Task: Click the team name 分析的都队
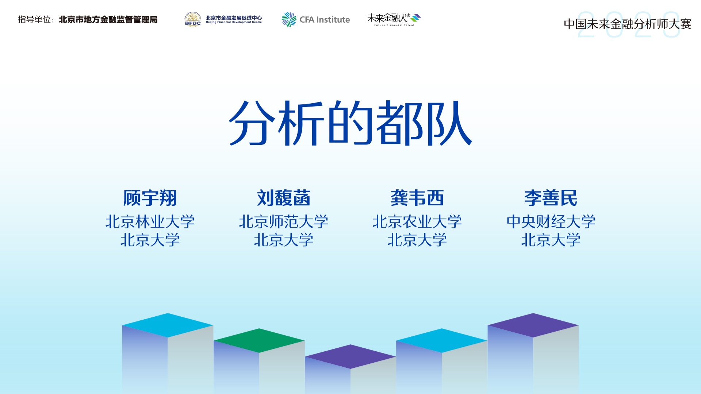tap(350, 123)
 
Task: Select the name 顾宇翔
tap(150, 198)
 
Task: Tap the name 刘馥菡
tap(284, 198)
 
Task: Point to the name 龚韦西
tap(417, 198)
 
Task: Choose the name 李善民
tap(551, 198)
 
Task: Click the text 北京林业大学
tap(150, 221)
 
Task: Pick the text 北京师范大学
tap(284, 221)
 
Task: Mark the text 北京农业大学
tap(417, 221)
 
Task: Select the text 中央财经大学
tap(551, 221)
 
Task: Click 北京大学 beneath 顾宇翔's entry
tap(150, 240)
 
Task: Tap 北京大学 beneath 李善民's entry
tap(551, 240)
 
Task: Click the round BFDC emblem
tap(193, 19)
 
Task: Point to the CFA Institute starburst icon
tap(289, 19)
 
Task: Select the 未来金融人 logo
tap(394, 19)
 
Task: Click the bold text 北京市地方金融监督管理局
tap(108, 20)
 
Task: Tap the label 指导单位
tap(34, 20)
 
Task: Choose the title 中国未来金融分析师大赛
tap(628, 24)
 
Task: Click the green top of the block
tap(259, 340)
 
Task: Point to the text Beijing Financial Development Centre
tap(234, 22)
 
